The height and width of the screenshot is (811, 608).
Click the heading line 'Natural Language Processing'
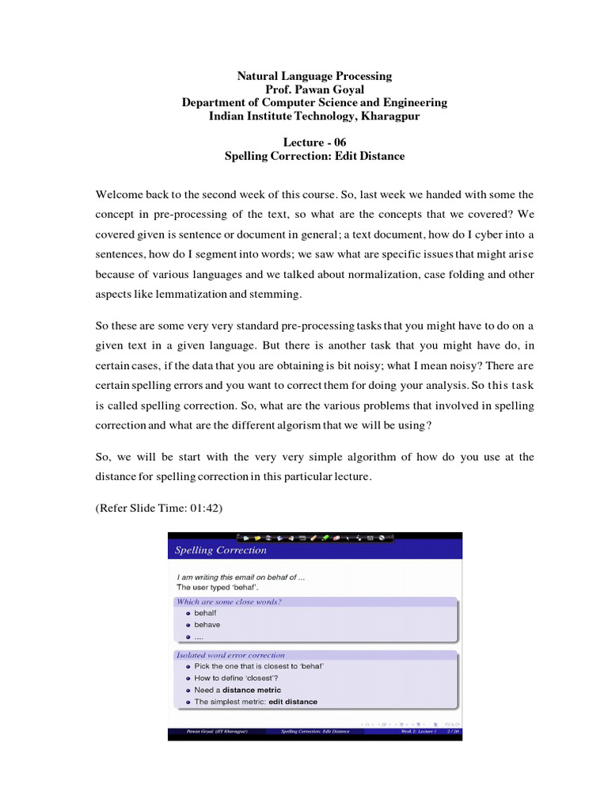click(x=314, y=76)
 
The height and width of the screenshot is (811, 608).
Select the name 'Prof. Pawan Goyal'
click(x=314, y=89)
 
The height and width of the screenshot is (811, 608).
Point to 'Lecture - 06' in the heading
click(x=314, y=142)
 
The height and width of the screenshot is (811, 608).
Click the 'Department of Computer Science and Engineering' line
click(x=314, y=102)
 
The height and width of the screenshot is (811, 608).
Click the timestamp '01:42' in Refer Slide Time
click(x=207, y=508)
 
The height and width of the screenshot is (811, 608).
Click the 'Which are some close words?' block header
click(x=229, y=602)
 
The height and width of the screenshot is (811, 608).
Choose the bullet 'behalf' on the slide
click(x=205, y=613)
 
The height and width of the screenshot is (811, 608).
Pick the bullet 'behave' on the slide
click(x=207, y=625)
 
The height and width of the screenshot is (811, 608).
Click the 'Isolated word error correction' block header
click(x=230, y=655)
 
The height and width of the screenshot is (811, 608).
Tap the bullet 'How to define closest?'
click(x=235, y=678)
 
